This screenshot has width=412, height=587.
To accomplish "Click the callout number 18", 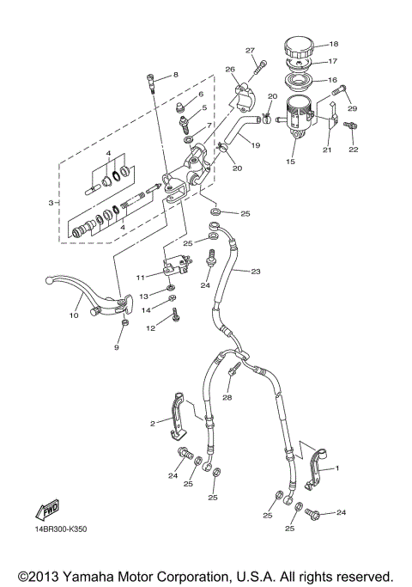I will click(334, 44).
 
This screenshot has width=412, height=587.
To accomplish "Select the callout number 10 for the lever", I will click(74, 315).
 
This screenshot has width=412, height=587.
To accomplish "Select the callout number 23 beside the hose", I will click(256, 272).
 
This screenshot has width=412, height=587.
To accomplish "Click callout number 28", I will click(227, 398).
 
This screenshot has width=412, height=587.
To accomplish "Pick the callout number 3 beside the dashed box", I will click(51, 202).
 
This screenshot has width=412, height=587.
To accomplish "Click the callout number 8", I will click(175, 75).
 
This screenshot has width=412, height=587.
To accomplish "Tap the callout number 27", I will click(251, 50).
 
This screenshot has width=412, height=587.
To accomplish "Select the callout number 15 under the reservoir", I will click(289, 162).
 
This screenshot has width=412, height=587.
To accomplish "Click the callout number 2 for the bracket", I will click(153, 423).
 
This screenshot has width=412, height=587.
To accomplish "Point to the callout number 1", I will click(336, 468).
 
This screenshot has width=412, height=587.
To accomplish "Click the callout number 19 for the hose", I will click(256, 147).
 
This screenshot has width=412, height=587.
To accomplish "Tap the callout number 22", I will click(353, 149).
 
